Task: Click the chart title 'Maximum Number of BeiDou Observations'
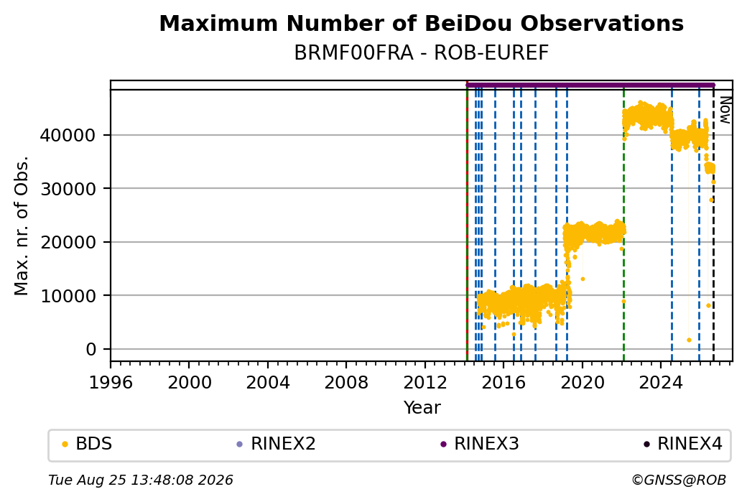point(421,23)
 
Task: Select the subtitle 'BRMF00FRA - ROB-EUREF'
point(421,53)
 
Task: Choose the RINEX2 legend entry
point(277,444)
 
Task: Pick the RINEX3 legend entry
point(480,444)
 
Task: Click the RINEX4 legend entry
point(683,444)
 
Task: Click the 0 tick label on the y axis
point(91,350)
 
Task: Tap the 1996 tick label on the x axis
point(111,383)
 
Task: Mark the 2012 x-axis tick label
point(424,383)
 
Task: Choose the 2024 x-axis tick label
point(660,383)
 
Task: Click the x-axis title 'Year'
point(422,408)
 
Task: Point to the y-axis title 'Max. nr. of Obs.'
point(22,226)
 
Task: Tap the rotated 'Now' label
point(725,110)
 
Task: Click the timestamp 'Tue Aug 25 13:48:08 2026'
point(141,480)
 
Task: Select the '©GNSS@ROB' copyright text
point(679,480)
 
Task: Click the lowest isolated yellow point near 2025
point(689,340)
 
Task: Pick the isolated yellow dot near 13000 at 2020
point(583,279)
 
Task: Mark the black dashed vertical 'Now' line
point(713,226)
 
